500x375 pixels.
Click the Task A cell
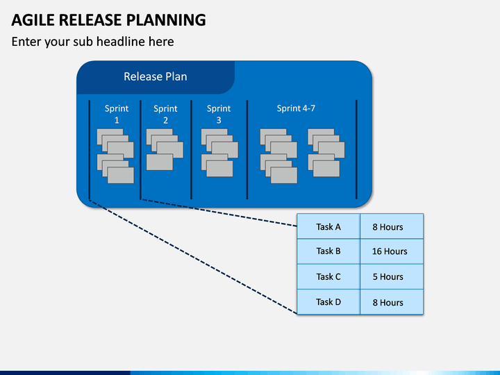[328, 226]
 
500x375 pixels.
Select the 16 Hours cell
[392, 251]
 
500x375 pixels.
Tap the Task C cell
[328, 277]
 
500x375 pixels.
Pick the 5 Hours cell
[392, 277]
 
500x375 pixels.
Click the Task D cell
[328, 302]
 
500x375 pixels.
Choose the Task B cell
[328, 251]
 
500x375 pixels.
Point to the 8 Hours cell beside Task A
[392, 226]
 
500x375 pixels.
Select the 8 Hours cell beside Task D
[392, 302]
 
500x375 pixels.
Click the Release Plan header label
[156, 76]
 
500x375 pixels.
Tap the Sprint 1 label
[117, 114]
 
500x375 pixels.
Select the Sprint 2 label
[165, 114]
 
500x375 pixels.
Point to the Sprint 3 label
[219, 114]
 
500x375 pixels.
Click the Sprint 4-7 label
[296, 108]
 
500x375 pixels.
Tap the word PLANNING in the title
[166, 20]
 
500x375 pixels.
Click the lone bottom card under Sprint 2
[160, 162]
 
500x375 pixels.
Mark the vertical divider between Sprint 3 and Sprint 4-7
[247, 149]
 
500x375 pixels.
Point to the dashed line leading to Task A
[219, 212]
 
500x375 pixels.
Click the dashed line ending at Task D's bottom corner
[193, 257]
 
